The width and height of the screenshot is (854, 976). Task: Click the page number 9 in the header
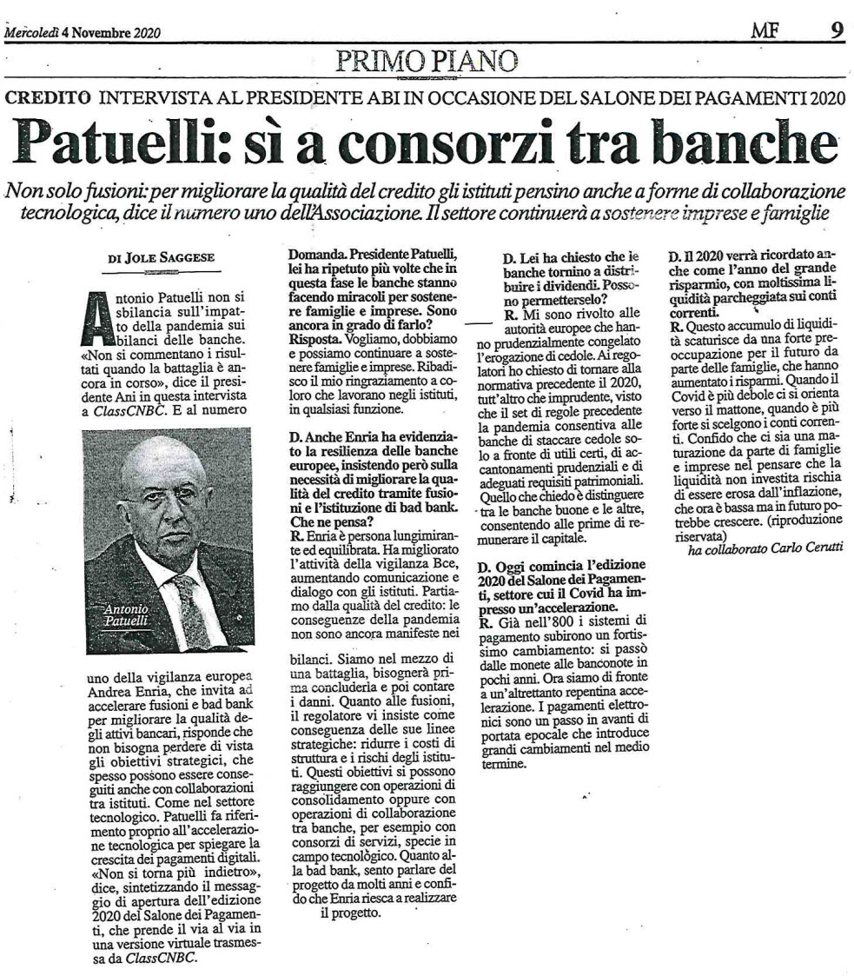click(836, 31)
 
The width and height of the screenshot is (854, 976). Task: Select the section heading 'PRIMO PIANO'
click(426, 60)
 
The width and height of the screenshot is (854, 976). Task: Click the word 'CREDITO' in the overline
click(48, 99)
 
